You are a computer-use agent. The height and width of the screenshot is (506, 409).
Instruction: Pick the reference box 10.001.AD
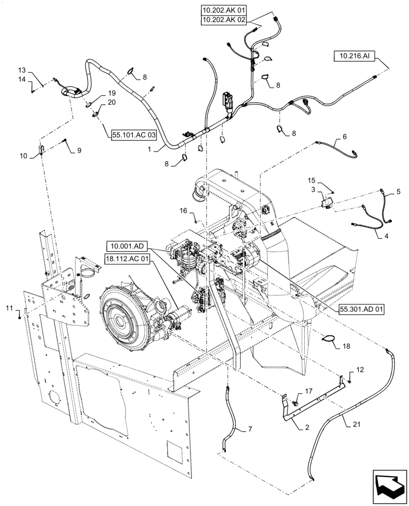pyautogui.click(x=127, y=247)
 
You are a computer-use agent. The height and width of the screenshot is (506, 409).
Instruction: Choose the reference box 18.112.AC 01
pyautogui.click(x=129, y=259)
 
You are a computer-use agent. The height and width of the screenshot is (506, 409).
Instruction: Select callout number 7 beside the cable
pyautogui.click(x=249, y=430)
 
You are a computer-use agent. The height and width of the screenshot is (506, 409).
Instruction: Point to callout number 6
pyautogui.click(x=344, y=137)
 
